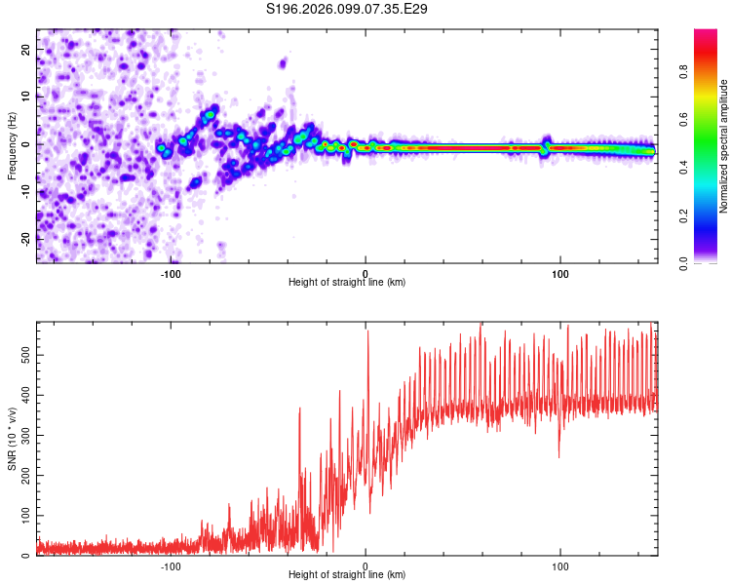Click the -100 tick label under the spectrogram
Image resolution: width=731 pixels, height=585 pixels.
pyautogui.click(x=171, y=274)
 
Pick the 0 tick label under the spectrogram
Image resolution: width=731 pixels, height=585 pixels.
pyautogui.click(x=365, y=274)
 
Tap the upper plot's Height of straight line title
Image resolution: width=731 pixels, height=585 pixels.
pyautogui.click(x=347, y=283)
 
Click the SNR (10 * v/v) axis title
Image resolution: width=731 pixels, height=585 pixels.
pyautogui.click(x=12, y=438)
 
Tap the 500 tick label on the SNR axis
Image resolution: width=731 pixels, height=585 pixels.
pyautogui.click(x=23, y=357)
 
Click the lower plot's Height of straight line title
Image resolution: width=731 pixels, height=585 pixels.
pyautogui.click(x=347, y=575)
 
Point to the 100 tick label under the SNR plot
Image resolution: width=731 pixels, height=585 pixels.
pyautogui.click(x=560, y=566)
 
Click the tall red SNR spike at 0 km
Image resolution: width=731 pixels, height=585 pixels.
pyautogui.click(x=367, y=336)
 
